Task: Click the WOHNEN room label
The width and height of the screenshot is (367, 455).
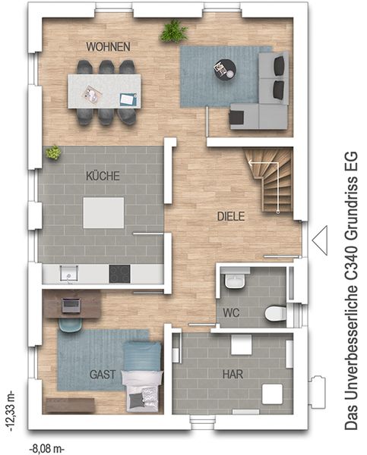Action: coord(108,47)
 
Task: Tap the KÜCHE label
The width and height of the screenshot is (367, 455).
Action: coord(103,176)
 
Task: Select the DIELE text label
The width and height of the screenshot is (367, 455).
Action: coord(231,216)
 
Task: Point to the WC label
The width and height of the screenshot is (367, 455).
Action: coord(232,312)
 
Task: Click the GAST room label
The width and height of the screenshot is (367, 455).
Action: coord(103,375)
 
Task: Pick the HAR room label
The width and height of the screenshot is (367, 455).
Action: coord(233,374)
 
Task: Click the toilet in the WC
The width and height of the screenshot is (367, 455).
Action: coord(275,313)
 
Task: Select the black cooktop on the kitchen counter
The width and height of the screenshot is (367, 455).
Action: coord(119,274)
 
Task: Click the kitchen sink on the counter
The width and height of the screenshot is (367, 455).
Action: coord(69,274)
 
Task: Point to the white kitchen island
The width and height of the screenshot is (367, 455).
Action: coord(103,212)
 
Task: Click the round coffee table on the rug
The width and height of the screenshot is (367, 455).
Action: coord(225,69)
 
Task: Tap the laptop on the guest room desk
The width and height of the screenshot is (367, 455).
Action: coord(71,305)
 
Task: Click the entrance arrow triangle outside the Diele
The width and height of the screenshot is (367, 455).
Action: coord(320,240)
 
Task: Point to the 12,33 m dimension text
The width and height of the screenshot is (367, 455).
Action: coord(11,411)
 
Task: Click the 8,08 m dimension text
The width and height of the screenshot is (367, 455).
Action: coord(47,449)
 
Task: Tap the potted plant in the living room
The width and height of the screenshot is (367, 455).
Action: coord(173,31)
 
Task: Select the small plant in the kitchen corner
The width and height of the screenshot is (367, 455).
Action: coord(53,152)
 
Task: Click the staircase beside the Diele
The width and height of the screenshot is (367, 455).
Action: coord(268,179)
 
